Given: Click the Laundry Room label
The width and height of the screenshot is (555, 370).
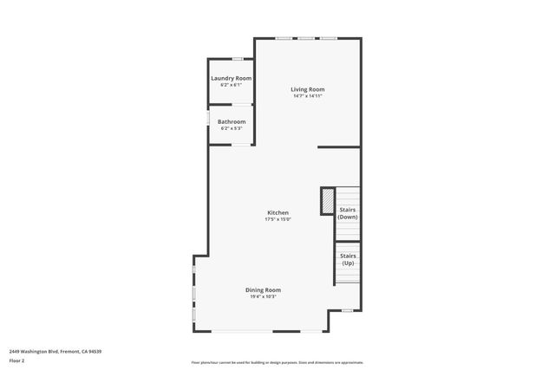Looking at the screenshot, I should pos(232,78).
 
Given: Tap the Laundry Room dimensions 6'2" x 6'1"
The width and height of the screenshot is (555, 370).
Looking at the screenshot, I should pos(232,85).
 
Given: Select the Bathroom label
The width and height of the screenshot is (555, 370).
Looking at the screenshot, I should pos(232,121).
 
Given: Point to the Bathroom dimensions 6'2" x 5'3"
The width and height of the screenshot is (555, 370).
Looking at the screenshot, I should pos(232,128).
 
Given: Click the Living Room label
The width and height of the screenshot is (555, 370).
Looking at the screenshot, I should pos(308,89).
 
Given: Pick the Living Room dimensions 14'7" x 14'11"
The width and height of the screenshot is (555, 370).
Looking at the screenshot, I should pos(308,96).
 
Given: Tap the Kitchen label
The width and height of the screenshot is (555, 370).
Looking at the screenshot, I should pos(277,213).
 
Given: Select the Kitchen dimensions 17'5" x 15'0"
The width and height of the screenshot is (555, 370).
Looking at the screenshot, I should pos(277,220).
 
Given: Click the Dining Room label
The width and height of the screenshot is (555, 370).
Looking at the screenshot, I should pos(262,289).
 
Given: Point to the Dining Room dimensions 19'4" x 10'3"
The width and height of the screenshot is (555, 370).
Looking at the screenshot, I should pos(262,296).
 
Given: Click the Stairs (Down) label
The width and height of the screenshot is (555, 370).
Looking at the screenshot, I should pos(348,213).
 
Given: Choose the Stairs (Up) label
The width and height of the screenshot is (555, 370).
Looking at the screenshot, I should pos(348,259).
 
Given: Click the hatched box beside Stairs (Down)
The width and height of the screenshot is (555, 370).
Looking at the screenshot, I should pos(328,201).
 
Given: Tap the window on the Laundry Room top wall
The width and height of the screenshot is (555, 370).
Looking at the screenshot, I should pos(237,59).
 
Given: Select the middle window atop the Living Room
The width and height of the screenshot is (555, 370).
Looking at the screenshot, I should pos(306,38).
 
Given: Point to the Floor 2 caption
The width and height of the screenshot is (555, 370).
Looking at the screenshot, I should pos(17,360).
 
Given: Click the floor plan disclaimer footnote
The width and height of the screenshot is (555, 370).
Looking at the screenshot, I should pos(277,362).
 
